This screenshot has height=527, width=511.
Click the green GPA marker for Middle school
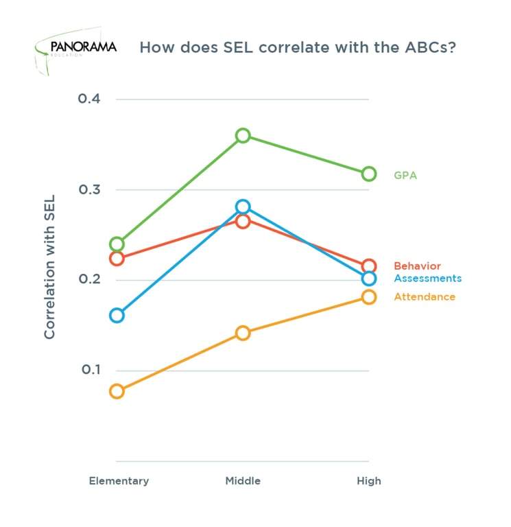click(x=243, y=136)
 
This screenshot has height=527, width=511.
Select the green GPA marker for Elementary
click(x=117, y=244)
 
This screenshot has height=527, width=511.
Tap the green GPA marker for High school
click(x=369, y=174)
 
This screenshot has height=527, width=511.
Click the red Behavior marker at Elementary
click(x=117, y=259)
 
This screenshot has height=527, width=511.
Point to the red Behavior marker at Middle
click(x=243, y=221)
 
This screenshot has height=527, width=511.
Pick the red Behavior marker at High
click(x=369, y=266)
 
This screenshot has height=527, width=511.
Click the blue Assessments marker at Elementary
click(x=117, y=316)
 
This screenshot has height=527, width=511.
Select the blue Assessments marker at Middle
click(x=243, y=207)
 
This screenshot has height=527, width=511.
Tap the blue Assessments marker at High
click(x=369, y=278)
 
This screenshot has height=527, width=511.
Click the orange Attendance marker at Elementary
click(x=117, y=392)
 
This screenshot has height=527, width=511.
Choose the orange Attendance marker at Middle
click(x=243, y=333)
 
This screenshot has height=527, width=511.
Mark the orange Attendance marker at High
click(x=369, y=297)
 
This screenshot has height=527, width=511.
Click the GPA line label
click(x=405, y=175)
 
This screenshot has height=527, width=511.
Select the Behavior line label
click(x=417, y=266)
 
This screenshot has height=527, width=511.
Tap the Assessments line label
click(x=427, y=278)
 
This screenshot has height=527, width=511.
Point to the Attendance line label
click(x=425, y=297)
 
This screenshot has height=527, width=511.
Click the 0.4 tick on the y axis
click(x=89, y=99)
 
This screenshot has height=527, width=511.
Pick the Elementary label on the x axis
click(x=119, y=481)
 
